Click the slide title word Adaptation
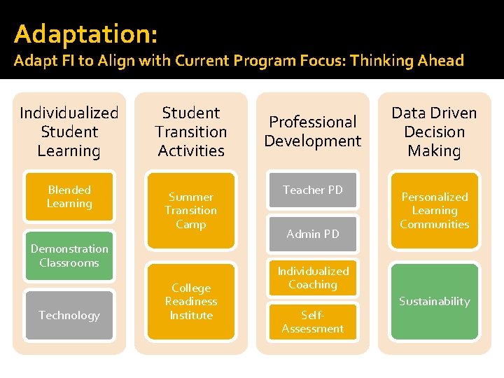click(85, 33)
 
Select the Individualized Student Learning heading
click(69, 132)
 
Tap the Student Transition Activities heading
click(191, 132)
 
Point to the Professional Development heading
click(313, 132)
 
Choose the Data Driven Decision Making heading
click(434, 132)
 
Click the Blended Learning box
click(69, 197)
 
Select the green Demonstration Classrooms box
click(69, 255)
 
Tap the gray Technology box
click(69, 315)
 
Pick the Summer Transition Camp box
click(191, 211)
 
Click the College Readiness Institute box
click(191, 302)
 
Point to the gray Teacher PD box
click(313, 190)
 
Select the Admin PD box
click(313, 234)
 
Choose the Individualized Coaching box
click(313, 278)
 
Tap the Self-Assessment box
click(313, 322)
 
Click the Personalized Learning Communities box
click(434, 211)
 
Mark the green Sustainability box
click(434, 302)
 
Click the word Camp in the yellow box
click(191, 225)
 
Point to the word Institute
click(191, 315)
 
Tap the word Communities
click(434, 225)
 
